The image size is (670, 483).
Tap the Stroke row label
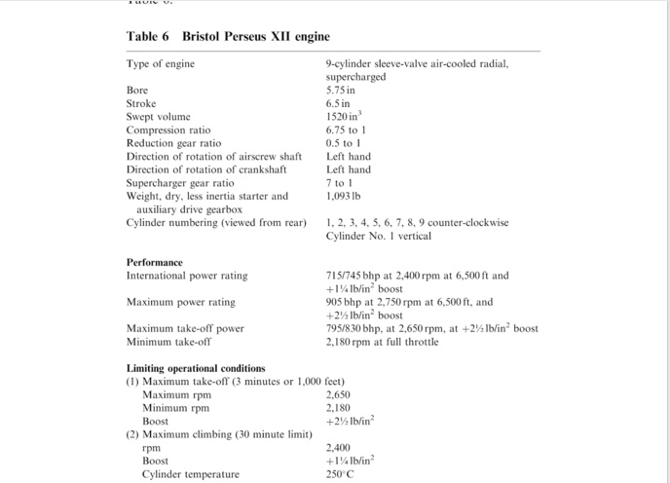pos(143,102)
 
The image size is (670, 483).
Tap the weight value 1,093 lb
pos(345,196)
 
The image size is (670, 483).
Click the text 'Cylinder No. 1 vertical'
pos(378,236)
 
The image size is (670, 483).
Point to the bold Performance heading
pos(155,262)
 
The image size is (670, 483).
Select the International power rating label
pos(186,276)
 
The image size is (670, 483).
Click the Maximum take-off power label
pos(185,328)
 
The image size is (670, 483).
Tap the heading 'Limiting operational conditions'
pos(196,368)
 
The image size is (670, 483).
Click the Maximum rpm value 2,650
pos(339,394)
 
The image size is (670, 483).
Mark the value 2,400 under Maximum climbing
pos(339,448)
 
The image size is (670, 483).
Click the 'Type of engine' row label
pos(161,63)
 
